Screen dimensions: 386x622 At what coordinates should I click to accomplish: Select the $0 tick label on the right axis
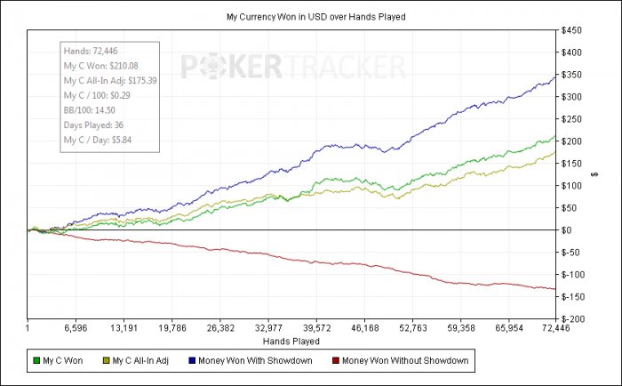[x=565, y=230]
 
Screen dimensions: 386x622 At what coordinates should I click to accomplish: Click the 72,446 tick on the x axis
[x=555, y=328]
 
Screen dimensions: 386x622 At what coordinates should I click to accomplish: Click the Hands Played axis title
[x=291, y=341]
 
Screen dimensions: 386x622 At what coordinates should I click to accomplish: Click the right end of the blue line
[x=555, y=76]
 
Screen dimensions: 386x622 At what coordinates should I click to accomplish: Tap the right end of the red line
[x=555, y=289]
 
